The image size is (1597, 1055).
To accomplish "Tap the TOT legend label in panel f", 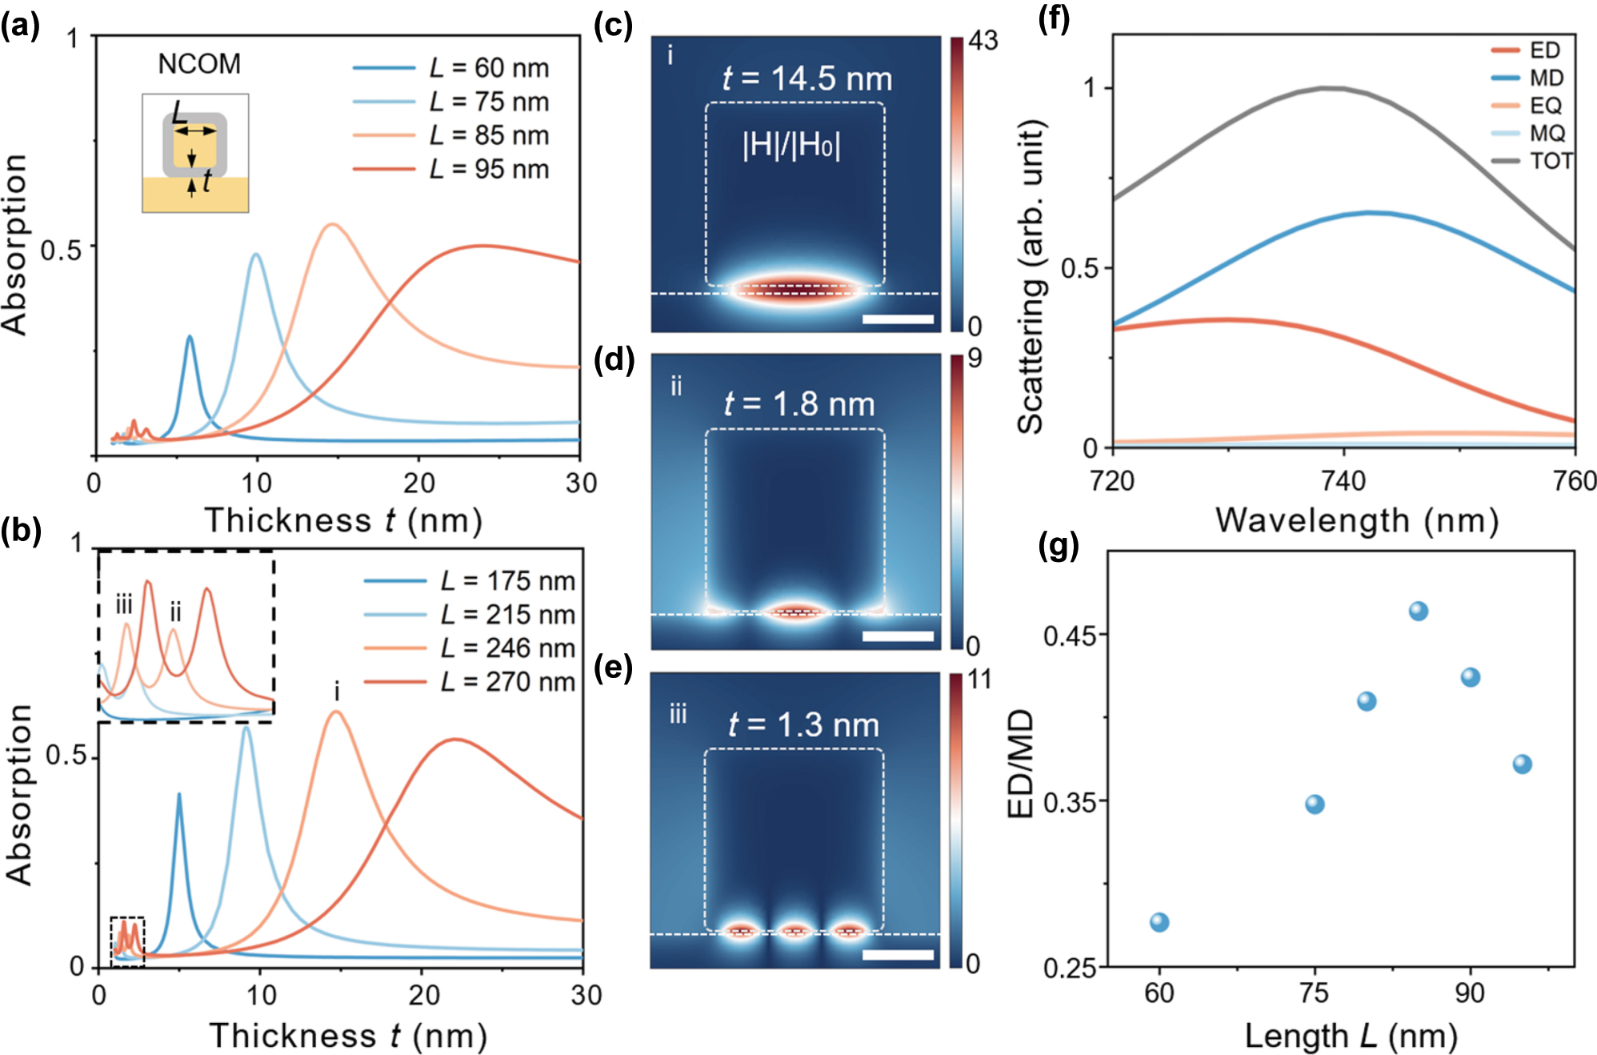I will [1551, 161].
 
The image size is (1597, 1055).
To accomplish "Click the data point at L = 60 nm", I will [1159, 922].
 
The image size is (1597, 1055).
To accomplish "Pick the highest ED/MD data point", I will [1418, 612].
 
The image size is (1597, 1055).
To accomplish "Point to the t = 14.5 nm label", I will [807, 78].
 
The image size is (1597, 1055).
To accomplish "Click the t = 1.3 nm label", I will [803, 724].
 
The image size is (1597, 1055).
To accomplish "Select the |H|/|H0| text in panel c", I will [791, 146].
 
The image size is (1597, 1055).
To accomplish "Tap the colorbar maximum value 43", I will [983, 40].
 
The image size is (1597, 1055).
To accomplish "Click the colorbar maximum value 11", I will [979, 680].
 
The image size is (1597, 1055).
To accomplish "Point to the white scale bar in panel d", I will [898, 636].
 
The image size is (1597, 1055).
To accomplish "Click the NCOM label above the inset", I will [199, 64].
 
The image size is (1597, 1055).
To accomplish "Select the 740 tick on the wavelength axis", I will [1343, 481].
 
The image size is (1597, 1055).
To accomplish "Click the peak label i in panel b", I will [337, 691].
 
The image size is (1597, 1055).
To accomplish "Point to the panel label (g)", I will [1058, 546].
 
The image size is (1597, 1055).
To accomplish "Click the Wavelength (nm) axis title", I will [1357, 520].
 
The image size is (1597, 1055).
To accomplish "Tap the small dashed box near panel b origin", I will [127, 941].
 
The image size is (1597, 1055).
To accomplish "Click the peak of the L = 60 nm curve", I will [190, 337].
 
